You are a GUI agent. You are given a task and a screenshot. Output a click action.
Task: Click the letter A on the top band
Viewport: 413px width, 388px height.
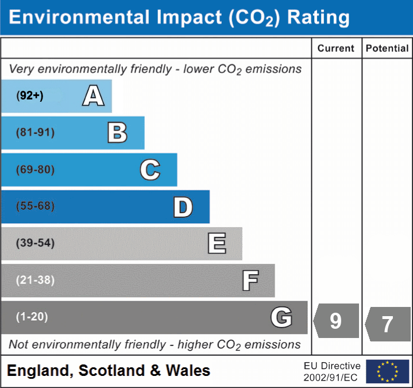tap(93, 96)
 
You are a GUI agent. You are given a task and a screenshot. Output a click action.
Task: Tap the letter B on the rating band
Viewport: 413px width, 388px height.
tap(117, 133)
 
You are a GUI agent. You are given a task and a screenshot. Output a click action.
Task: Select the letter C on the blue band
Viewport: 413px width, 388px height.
tap(150, 170)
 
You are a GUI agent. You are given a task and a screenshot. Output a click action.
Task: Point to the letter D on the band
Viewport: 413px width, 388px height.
tap(183, 207)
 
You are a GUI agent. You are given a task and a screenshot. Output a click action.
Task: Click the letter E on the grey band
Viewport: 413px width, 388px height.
tap(217, 243)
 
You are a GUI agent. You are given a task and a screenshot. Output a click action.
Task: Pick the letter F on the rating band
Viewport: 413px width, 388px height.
tap(250, 281)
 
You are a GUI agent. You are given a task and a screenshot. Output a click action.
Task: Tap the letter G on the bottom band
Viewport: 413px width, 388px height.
tap(281, 317)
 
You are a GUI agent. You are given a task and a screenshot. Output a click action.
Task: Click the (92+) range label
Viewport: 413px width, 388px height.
tap(30, 96)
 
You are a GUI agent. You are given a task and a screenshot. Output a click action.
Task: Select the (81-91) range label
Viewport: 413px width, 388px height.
tap(36, 133)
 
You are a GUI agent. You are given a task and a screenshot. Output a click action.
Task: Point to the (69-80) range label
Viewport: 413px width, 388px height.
tap(36, 170)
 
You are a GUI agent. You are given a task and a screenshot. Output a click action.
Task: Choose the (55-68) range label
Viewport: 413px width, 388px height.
tap(36, 206)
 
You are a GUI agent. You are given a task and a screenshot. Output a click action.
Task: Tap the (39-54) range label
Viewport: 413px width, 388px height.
tap(36, 243)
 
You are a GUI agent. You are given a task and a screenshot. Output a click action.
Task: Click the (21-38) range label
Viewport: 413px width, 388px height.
tap(36, 280)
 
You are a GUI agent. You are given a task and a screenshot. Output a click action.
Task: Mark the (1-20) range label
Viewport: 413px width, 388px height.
tap(32, 317)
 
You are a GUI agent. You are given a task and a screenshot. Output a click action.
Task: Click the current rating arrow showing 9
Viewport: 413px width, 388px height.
tap(336, 321)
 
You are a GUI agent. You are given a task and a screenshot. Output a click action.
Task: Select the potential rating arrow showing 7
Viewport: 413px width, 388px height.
tap(388, 324)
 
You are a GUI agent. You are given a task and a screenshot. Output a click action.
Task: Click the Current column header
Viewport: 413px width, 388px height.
tap(336, 49)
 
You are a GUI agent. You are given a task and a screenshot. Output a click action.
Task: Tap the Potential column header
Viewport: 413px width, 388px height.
tap(387, 49)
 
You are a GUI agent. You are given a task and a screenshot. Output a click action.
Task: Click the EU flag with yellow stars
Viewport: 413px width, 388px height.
tap(387, 371)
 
